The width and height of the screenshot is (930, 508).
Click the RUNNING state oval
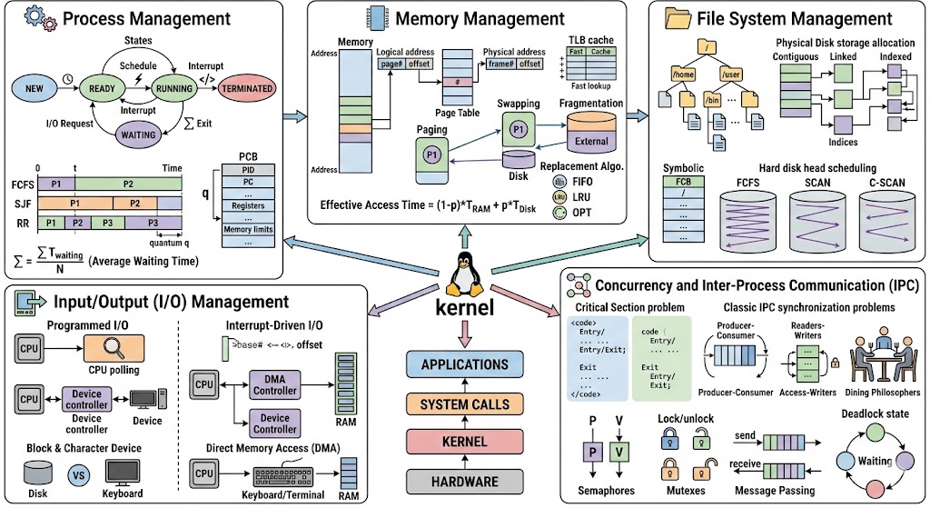[x=174, y=89]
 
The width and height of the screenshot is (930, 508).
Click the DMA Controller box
[x=274, y=384]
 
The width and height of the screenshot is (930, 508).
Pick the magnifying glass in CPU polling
[x=114, y=346]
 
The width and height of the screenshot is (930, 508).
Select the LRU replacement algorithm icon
[x=559, y=197]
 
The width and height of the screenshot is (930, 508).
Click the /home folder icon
[x=684, y=72]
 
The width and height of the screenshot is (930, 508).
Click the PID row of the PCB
[x=248, y=169]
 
